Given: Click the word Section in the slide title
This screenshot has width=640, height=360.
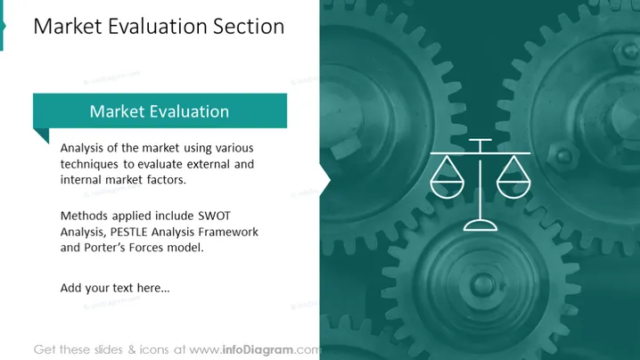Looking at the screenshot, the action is (x=249, y=26).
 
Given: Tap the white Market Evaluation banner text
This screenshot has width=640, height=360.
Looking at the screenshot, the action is (x=160, y=111).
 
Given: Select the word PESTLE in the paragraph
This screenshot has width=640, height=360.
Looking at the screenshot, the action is (x=128, y=232).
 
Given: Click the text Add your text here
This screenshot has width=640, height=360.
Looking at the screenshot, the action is (x=115, y=288).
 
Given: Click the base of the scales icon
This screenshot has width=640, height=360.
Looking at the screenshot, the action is (x=480, y=225).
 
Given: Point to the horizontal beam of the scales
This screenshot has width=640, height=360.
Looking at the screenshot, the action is (x=480, y=153).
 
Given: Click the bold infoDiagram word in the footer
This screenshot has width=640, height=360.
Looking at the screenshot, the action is (x=258, y=350).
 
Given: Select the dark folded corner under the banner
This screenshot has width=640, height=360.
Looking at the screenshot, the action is (x=41, y=135).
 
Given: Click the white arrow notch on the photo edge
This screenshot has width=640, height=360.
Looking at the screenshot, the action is (x=325, y=180).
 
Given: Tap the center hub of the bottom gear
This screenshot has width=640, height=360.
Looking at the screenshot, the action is (x=482, y=284).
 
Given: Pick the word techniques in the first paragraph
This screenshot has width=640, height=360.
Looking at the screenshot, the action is (x=90, y=164).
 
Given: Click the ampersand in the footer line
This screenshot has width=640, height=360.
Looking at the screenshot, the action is (x=132, y=350).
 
